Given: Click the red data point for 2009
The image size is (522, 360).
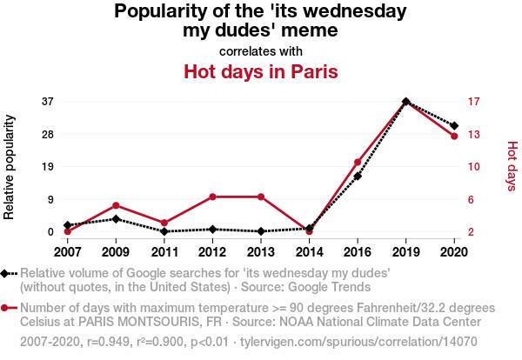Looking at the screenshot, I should tap(116, 205).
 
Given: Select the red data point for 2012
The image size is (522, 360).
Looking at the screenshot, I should tap(212, 197).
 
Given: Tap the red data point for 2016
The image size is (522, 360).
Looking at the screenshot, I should tap(358, 163).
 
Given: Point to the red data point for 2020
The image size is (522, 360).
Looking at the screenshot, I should tap(454, 137).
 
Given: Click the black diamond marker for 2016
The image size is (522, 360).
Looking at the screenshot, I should tap(358, 177).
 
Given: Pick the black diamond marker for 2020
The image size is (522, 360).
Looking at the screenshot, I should tap(454, 126).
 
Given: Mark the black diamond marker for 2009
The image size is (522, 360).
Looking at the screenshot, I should tap(116, 219).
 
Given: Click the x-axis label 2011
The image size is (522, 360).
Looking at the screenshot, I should tap(164, 252).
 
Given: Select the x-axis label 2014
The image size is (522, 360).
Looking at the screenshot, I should tap(309, 252).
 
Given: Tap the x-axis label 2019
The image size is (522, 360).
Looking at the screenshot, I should tap(406, 252).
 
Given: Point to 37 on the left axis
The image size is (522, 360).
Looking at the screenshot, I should tap(48, 102).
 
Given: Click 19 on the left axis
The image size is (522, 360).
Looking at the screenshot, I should tap(48, 167).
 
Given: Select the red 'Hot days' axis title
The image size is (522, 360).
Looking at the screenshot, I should tap(512, 166).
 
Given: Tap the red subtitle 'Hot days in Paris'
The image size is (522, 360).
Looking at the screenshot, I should tap(260, 70).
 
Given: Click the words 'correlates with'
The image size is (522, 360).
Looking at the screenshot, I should tap(260, 50).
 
